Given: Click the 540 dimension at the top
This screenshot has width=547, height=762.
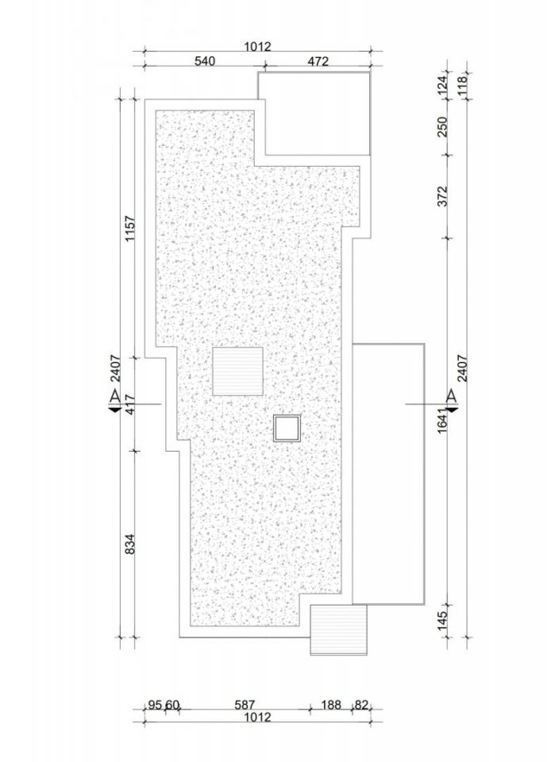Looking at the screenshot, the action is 204,61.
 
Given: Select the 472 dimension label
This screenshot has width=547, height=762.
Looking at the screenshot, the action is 318,61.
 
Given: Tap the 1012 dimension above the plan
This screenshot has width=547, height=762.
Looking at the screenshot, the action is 257,47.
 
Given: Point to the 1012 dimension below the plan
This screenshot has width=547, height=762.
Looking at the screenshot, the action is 257,718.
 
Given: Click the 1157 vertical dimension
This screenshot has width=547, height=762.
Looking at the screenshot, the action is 130,229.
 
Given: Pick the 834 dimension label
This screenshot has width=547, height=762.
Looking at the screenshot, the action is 130,545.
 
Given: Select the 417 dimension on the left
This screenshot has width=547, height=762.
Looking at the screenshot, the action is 130,404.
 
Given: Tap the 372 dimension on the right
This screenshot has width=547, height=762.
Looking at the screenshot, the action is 442,196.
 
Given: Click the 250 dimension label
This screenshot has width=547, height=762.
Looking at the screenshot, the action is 442,127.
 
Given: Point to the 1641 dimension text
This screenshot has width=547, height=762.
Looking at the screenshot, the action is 442,421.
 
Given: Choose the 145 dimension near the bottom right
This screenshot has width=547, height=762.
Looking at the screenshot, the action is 442,621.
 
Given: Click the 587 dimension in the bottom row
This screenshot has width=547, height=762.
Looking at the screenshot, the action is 245,705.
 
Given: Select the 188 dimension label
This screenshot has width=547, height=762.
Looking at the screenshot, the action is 331,705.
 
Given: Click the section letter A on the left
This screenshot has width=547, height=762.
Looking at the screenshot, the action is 115,396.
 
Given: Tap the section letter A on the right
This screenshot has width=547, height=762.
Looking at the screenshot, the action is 453,396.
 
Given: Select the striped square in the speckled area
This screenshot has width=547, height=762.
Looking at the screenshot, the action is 237,371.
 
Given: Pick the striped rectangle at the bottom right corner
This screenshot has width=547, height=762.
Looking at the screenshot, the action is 338,629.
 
